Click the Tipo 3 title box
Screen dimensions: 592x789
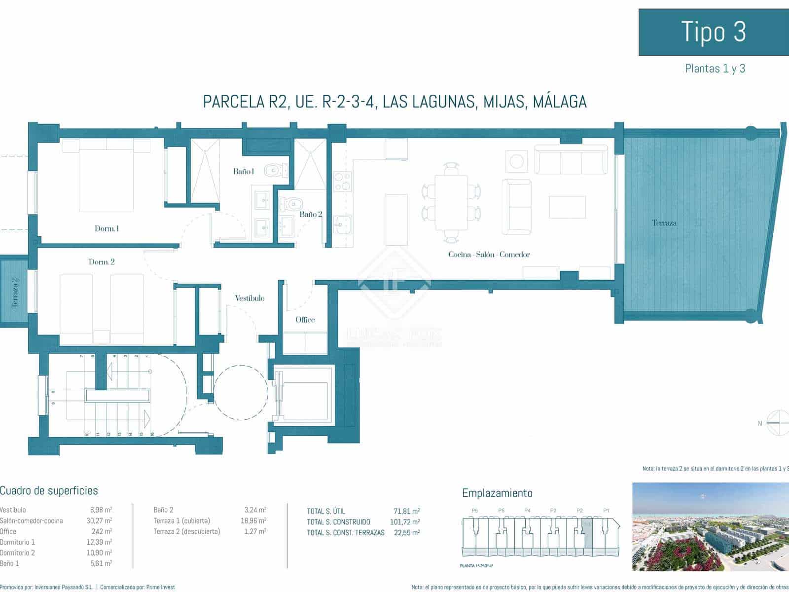coord(713,32)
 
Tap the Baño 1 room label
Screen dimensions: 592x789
coord(244,172)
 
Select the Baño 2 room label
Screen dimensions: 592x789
coord(311,215)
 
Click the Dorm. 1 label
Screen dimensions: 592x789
coord(107,228)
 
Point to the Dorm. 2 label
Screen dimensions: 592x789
coord(102,262)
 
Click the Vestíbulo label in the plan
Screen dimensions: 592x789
coord(250,298)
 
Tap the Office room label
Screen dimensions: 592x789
coord(305,320)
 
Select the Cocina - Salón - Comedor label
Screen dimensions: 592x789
coord(489,255)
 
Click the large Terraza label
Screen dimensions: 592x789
coord(664,223)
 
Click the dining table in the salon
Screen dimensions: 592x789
coord(451,202)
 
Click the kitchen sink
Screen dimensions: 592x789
coord(342,224)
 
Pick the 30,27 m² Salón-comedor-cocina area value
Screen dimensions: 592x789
coord(99,520)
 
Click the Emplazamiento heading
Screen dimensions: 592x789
coord(497,493)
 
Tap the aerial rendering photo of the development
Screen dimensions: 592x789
coord(710,527)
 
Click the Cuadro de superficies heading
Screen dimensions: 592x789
coord(49,490)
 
